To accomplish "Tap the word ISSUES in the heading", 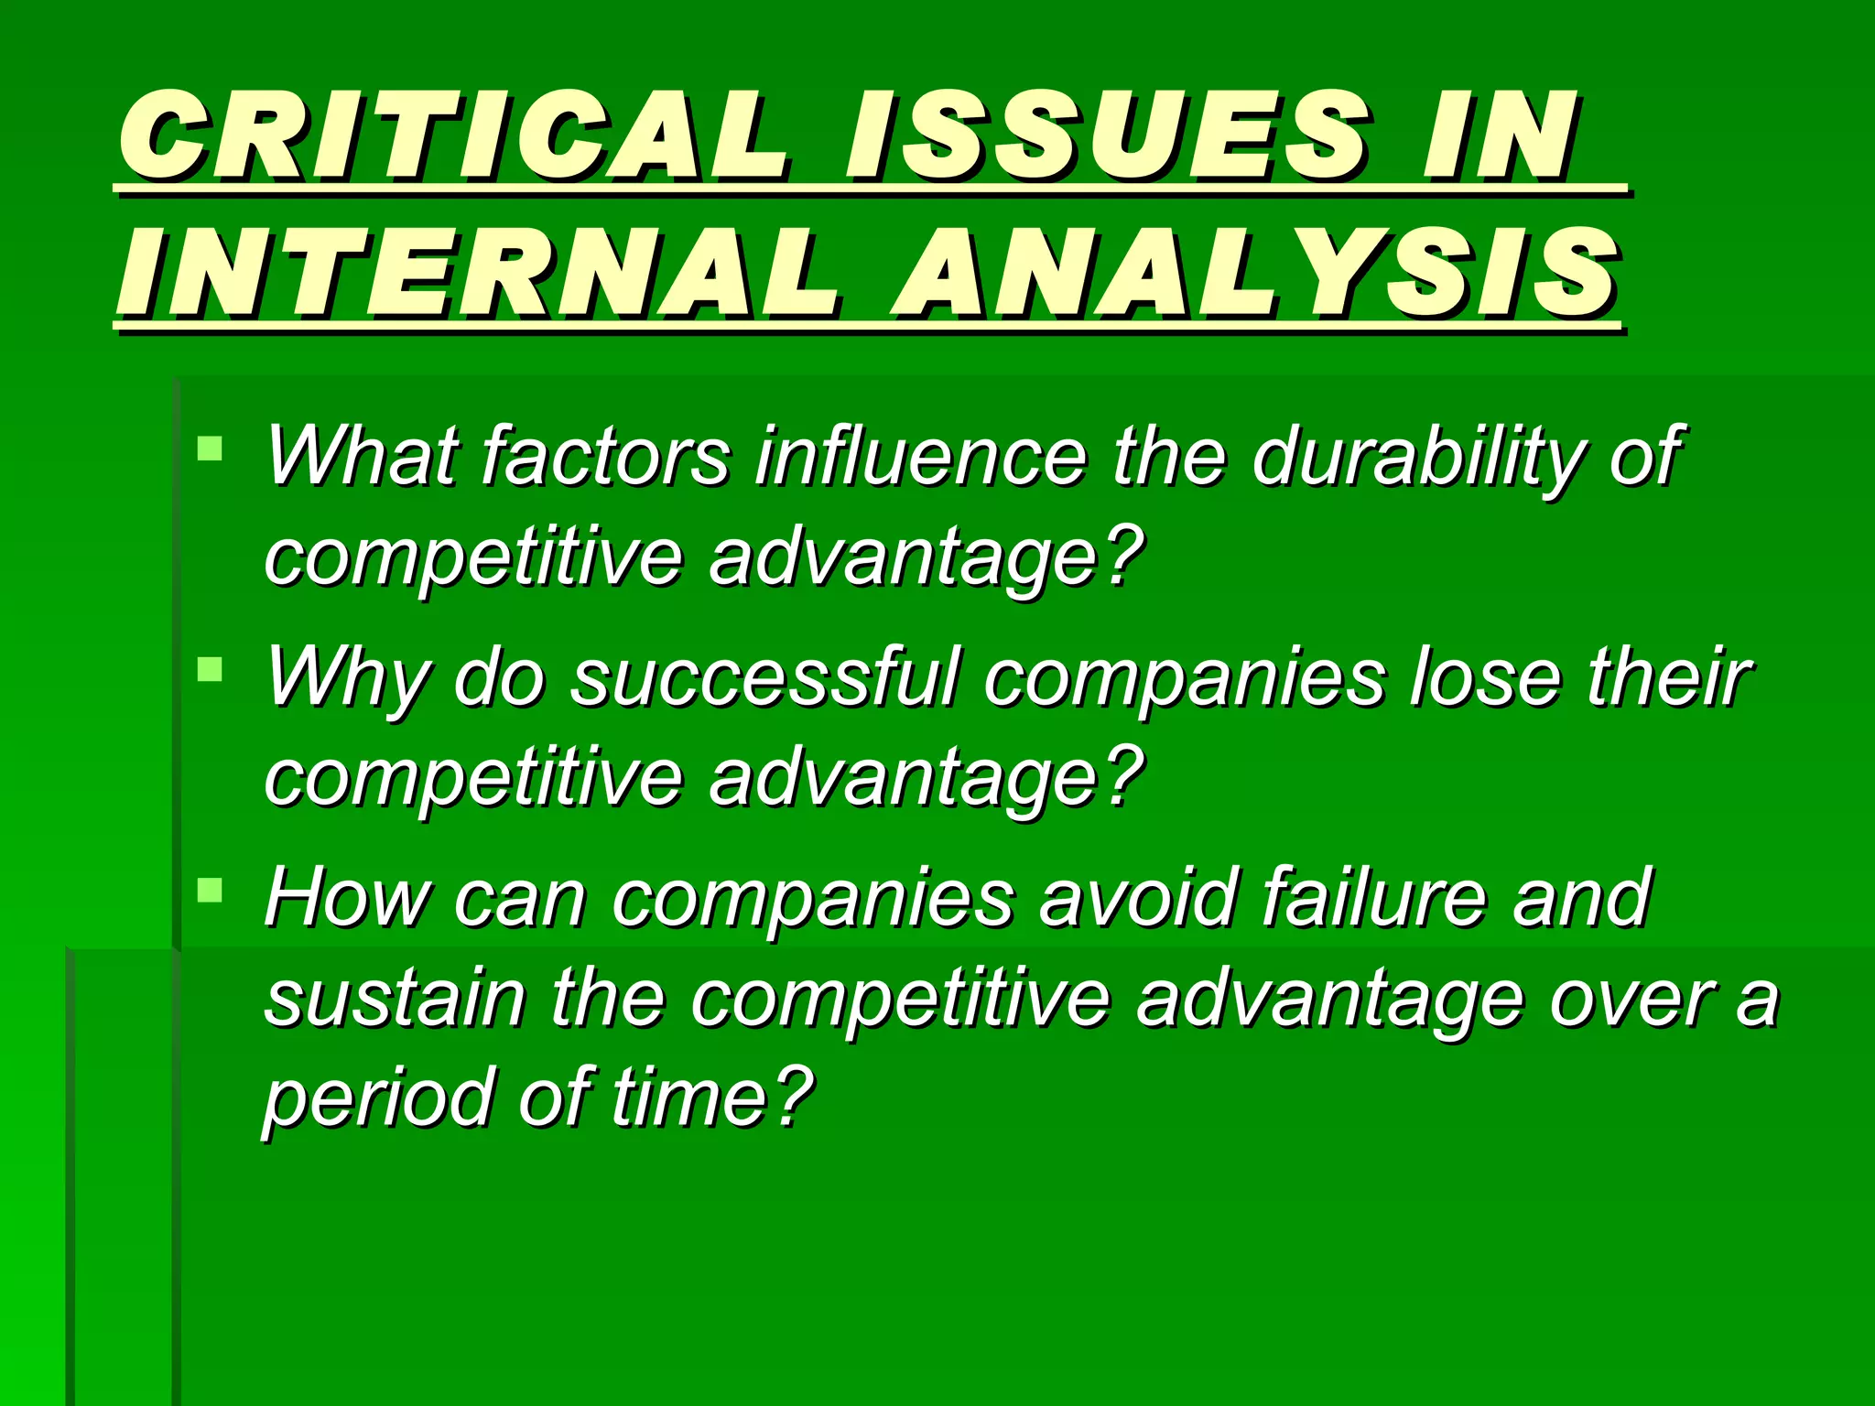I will pyautogui.click(x=1107, y=137).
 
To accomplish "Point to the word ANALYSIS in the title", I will pyautogui.click(x=1255, y=275).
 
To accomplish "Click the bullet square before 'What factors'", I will pyautogui.click(x=210, y=449).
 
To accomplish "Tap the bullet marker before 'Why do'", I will pyautogui.click(x=210, y=669).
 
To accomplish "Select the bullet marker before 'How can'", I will pyautogui.click(x=210, y=890).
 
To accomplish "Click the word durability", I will pyautogui.click(x=1415, y=456).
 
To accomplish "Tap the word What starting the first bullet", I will pyautogui.click(x=362, y=456).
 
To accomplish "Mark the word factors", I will pyautogui.click(x=604, y=456).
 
